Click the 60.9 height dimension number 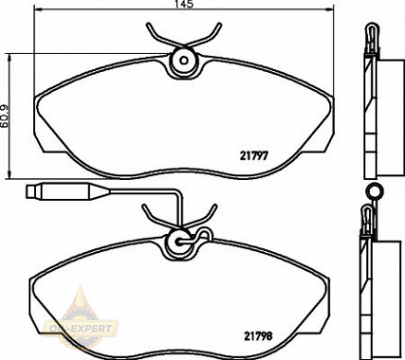(x=5, y=117)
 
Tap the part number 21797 (x=254, y=155)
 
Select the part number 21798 (x=258, y=336)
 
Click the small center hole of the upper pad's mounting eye (x=184, y=60)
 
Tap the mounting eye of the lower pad (x=180, y=243)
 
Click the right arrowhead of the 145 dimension (x=329, y=9)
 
